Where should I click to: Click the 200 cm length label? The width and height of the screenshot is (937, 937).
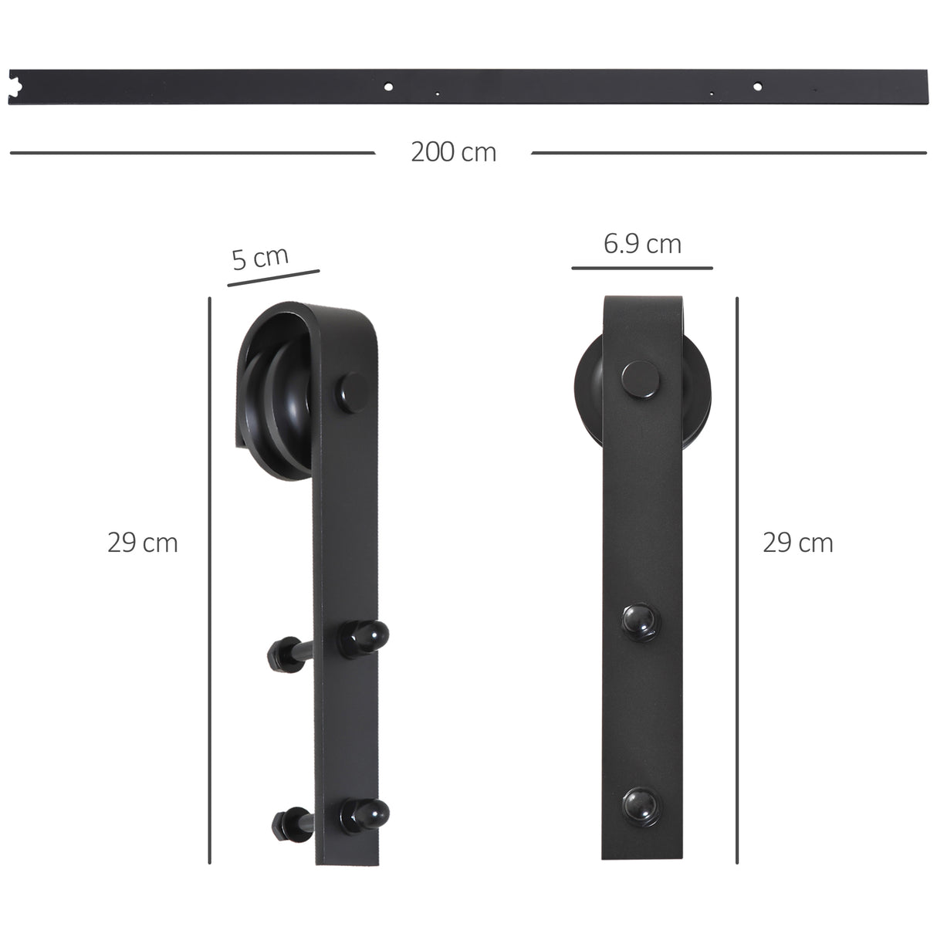453,152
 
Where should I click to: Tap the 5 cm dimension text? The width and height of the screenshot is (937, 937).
260,258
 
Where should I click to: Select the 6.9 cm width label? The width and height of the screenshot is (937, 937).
642,244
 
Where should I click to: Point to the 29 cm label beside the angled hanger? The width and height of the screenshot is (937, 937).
143,543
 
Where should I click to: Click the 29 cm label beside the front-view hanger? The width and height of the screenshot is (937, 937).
798,543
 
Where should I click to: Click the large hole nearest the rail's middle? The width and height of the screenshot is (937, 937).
388,86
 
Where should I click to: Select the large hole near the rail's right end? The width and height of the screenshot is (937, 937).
757,86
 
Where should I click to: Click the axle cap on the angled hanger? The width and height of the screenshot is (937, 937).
353,387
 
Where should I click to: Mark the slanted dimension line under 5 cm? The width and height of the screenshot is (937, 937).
273,279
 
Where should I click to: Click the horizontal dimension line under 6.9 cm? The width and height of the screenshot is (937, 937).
642,269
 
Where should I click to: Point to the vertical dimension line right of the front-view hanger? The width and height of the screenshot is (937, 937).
737,579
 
